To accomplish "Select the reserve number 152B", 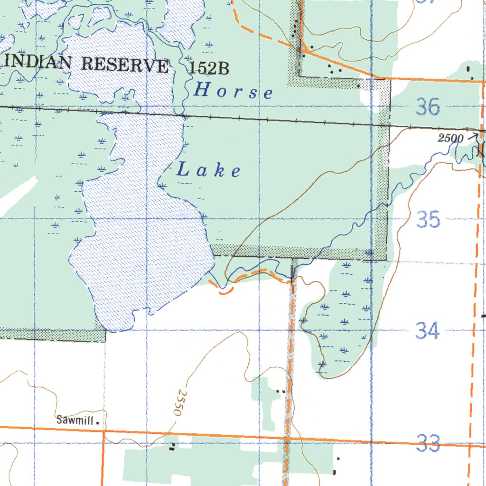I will tap(209, 69).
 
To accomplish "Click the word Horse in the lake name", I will tap(234, 91).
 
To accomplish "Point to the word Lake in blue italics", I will tap(209, 170).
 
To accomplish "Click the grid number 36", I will tap(428, 107).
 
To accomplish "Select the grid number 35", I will tap(428, 220).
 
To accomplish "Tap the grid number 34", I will tap(428, 330).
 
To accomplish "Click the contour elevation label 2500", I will tap(450, 138).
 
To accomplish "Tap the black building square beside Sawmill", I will tap(98, 421).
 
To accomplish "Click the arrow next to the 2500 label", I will tap(473, 136).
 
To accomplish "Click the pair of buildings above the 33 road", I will tap(280, 391).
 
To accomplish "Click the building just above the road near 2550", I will tap(173, 446).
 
